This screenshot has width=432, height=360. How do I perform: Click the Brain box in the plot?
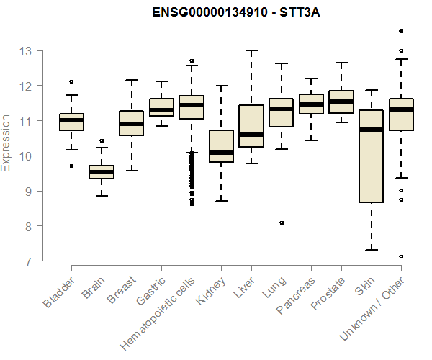(101, 171)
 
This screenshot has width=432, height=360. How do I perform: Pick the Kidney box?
(221, 146)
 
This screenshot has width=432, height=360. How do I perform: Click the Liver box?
(251, 126)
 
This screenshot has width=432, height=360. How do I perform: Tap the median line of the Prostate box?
(341, 102)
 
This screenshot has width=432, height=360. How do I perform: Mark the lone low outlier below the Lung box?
(282, 223)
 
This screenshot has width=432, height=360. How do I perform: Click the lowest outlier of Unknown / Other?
(401, 256)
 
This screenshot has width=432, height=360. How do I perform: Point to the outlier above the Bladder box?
(71, 81)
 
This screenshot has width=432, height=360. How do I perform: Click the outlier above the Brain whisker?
(102, 141)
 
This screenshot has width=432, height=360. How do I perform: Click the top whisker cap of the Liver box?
(251, 50)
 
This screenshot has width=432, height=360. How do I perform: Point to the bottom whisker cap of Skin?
(372, 250)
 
